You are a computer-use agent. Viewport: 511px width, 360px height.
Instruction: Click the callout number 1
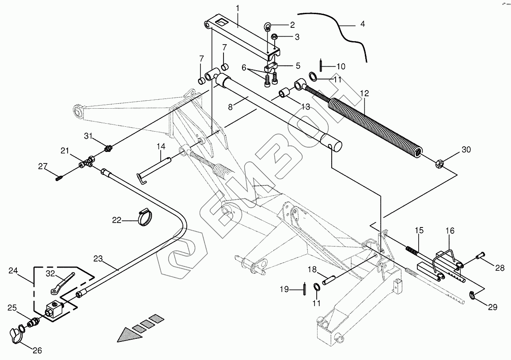coord(237,8)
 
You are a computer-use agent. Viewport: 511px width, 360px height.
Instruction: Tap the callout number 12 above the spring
coord(364,94)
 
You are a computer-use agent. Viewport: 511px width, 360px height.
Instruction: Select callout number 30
coord(466,149)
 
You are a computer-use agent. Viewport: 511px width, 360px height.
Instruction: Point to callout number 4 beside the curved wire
coord(363,24)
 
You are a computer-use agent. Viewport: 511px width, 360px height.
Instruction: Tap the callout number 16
coord(450,231)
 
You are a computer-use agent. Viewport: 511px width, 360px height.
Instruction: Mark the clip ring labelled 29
coord(473,295)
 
